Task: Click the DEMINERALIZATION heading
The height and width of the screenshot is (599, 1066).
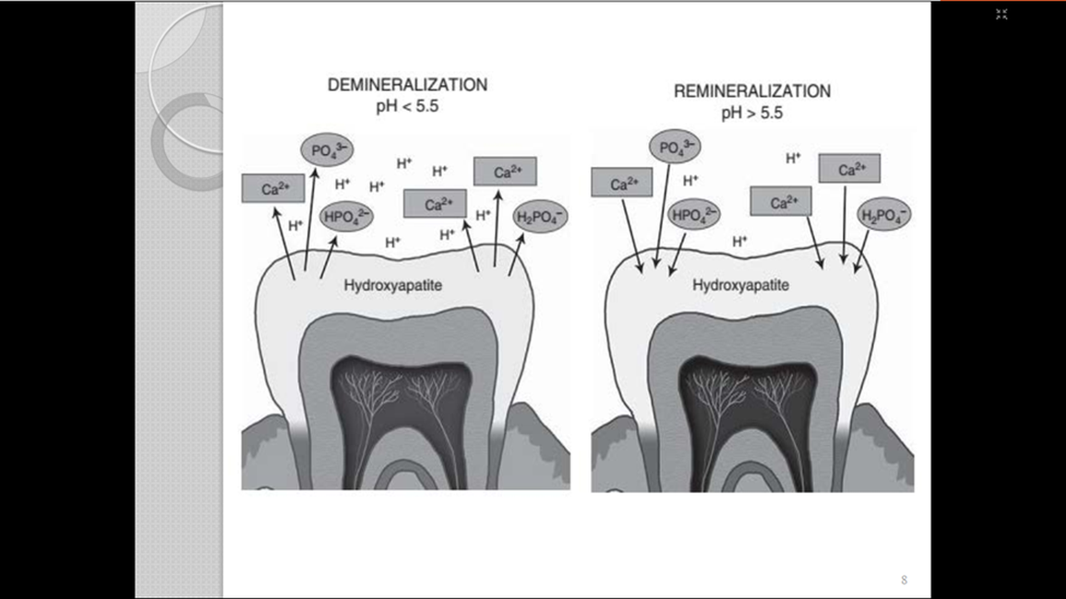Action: pyautogui.click(x=407, y=85)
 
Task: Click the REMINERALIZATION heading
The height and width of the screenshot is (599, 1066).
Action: pyautogui.click(x=751, y=91)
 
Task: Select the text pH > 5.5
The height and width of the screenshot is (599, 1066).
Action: pyautogui.click(x=752, y=113)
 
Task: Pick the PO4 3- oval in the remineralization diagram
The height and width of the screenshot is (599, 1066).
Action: pyautogui.click(x=675, y=146)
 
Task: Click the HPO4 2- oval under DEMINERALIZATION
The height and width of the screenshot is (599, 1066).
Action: pyautogui.click(x=346, y=217)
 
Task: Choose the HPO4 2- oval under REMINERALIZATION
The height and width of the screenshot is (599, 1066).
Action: pyautogui.click(x=694, y=215)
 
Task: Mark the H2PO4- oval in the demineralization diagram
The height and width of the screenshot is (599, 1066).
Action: pyautogui.click(x=541, y=216)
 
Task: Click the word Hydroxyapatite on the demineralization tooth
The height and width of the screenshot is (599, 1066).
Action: pyautogui.click(x=392, y=285)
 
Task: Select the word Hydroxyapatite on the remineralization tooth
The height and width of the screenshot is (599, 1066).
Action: pyautogui.click(x=741, y=285)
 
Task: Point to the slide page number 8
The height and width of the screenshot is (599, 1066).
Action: pyautogui.click(x=904, y=580)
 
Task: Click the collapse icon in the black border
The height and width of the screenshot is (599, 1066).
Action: pyautogui.click(x=1001, y=14)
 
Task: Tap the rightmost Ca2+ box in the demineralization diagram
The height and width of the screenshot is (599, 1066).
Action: pyautogui.click(x=504, y=171)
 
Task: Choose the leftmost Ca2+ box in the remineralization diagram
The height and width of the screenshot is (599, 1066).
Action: pyautogui.click(x=621, y=182)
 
